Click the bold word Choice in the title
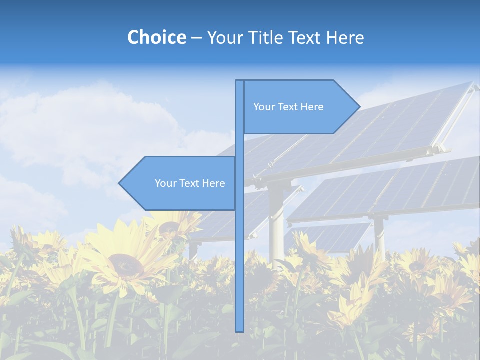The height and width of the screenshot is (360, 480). pyautogui.click(x=156, y=37)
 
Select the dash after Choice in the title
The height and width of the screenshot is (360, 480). pyautogui.click(x=196, y=38)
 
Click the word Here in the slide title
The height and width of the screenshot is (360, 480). pyautogui.click(x=345, y=37)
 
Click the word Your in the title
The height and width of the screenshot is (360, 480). pyautogui.click(x=224, y=37)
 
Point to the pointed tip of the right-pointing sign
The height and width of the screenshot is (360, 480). pyautogui.click(x=359, y=107)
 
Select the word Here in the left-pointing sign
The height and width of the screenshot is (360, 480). pyautogui.click(x=213, y=183)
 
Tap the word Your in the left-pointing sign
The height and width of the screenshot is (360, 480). pyautogui.click(x=165, y=183)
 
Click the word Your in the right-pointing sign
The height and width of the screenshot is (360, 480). pyautogui.click(x=264, y=107)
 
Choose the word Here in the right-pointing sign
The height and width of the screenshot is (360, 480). pyautogui.click(x=312, y=107)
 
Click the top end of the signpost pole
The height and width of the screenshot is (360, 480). pyautogui.click(x=239, y=81)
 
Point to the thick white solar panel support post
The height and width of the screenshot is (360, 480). pyautogui.click(x=276, y=220)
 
